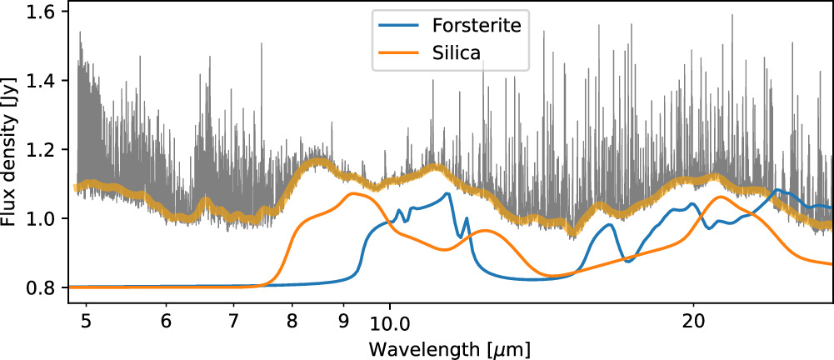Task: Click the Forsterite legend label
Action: coord(477,26)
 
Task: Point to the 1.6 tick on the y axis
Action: coord(41,12)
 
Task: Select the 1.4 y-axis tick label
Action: coord(41,81)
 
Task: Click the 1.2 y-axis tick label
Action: coord(41,150)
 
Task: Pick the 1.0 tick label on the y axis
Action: coord(41,218)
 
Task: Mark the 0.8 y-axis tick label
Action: coord(41,287)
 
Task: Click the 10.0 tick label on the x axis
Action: coord(389,320)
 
